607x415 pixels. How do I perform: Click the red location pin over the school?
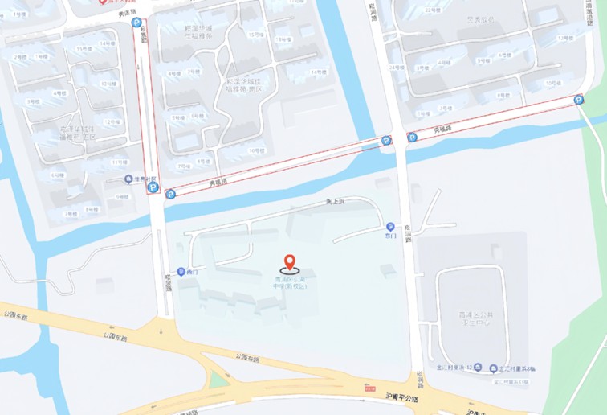pyautogui.click(x=290, y=262)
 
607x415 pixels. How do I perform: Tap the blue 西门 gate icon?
pyautogui.click(x=181, y=272)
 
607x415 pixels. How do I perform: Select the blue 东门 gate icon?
pyautogui.click(x=391, y=227)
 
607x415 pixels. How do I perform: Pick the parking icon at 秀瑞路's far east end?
pyautogui.click(x=579, y=100)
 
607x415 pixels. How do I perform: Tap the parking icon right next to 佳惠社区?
pyautogui.click(x=153, y=188)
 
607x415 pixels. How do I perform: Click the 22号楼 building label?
pyautogui.click(x=434, y=10)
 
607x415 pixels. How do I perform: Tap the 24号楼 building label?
pyautogui.click(x=397, y=68)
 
